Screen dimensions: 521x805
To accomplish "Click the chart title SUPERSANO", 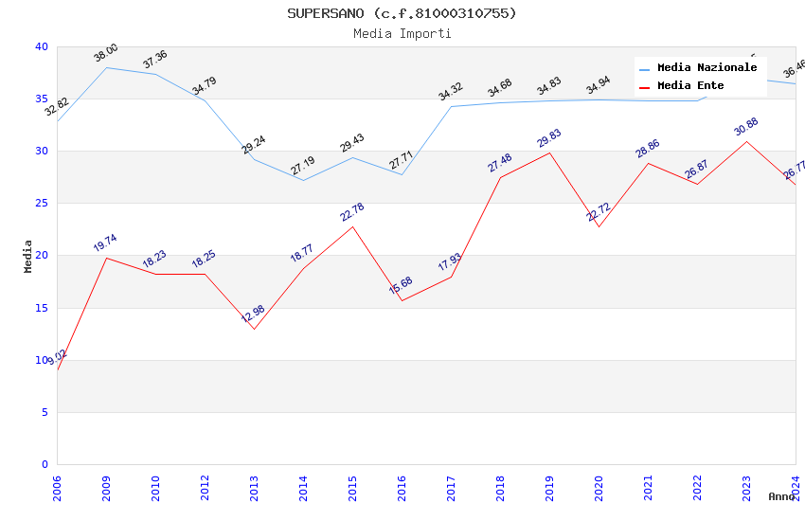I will tap(402, 13).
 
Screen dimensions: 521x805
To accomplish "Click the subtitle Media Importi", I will tap(402, 34).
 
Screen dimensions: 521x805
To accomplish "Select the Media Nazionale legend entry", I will tap(707, 68).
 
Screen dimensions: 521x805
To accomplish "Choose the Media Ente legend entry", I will tap(690, 86).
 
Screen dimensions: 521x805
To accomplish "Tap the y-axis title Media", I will tap(28, 256).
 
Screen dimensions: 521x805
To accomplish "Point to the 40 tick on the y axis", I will tap(41, 46).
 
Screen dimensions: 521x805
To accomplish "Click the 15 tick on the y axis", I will tap(41, 308).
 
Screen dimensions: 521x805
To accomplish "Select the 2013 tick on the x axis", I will tap(254, 489).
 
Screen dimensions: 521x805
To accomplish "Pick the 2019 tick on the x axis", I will tap(549, 489).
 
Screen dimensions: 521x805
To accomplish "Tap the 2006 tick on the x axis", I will tap(57, 489).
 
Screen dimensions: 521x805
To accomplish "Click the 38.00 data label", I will tap(106, 53).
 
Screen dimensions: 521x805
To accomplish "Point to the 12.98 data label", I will tap(253, 314).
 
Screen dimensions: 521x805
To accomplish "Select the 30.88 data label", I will tap(746, 127).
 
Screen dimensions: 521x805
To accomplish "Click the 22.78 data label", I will tap(352, 212).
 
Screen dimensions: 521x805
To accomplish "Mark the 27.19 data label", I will tap(303, 166).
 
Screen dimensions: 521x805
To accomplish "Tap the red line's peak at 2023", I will tap(746, 141).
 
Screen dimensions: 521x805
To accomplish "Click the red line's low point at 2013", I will tap(254, 329).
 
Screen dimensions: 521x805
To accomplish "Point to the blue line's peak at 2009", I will tap(106, 67).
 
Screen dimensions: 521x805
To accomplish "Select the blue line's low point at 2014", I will tap(303, 180).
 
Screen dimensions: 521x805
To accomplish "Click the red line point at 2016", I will tap(402, 300).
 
